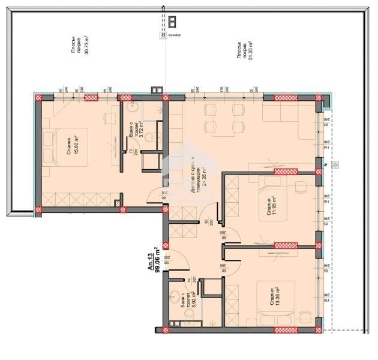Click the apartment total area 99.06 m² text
pyautogui.click(x=156, y=260)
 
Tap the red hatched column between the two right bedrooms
pyautogui.click(x=286, y=245)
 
